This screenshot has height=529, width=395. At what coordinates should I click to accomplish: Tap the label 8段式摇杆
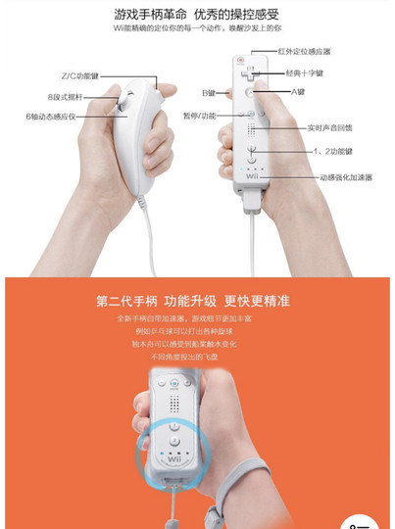click(66, 96)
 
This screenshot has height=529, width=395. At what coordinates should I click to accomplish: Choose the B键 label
click(209, 93)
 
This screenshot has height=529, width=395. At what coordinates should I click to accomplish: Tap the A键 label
click(298, 92)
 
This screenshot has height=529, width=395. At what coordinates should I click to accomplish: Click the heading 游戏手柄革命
click(151, 16)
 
